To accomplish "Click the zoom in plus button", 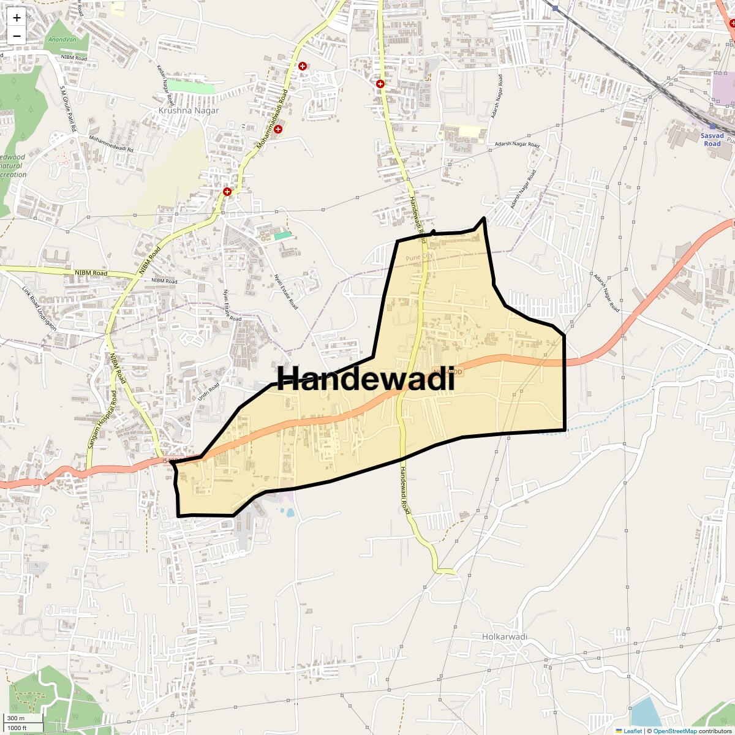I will tap(17, 18).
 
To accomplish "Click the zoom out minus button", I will tap(17, 36).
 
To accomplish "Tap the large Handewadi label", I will tap(366, 379).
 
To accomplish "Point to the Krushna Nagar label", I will tap(188, 111).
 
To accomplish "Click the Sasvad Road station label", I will tap(712, 139).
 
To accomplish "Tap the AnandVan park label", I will tap(59, 39).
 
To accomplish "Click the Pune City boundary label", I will tap(419, 257).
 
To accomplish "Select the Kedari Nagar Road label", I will tap(165, 85).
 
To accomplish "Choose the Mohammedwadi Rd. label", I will tap(111, 145).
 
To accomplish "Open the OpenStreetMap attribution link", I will tap(674, 731).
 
